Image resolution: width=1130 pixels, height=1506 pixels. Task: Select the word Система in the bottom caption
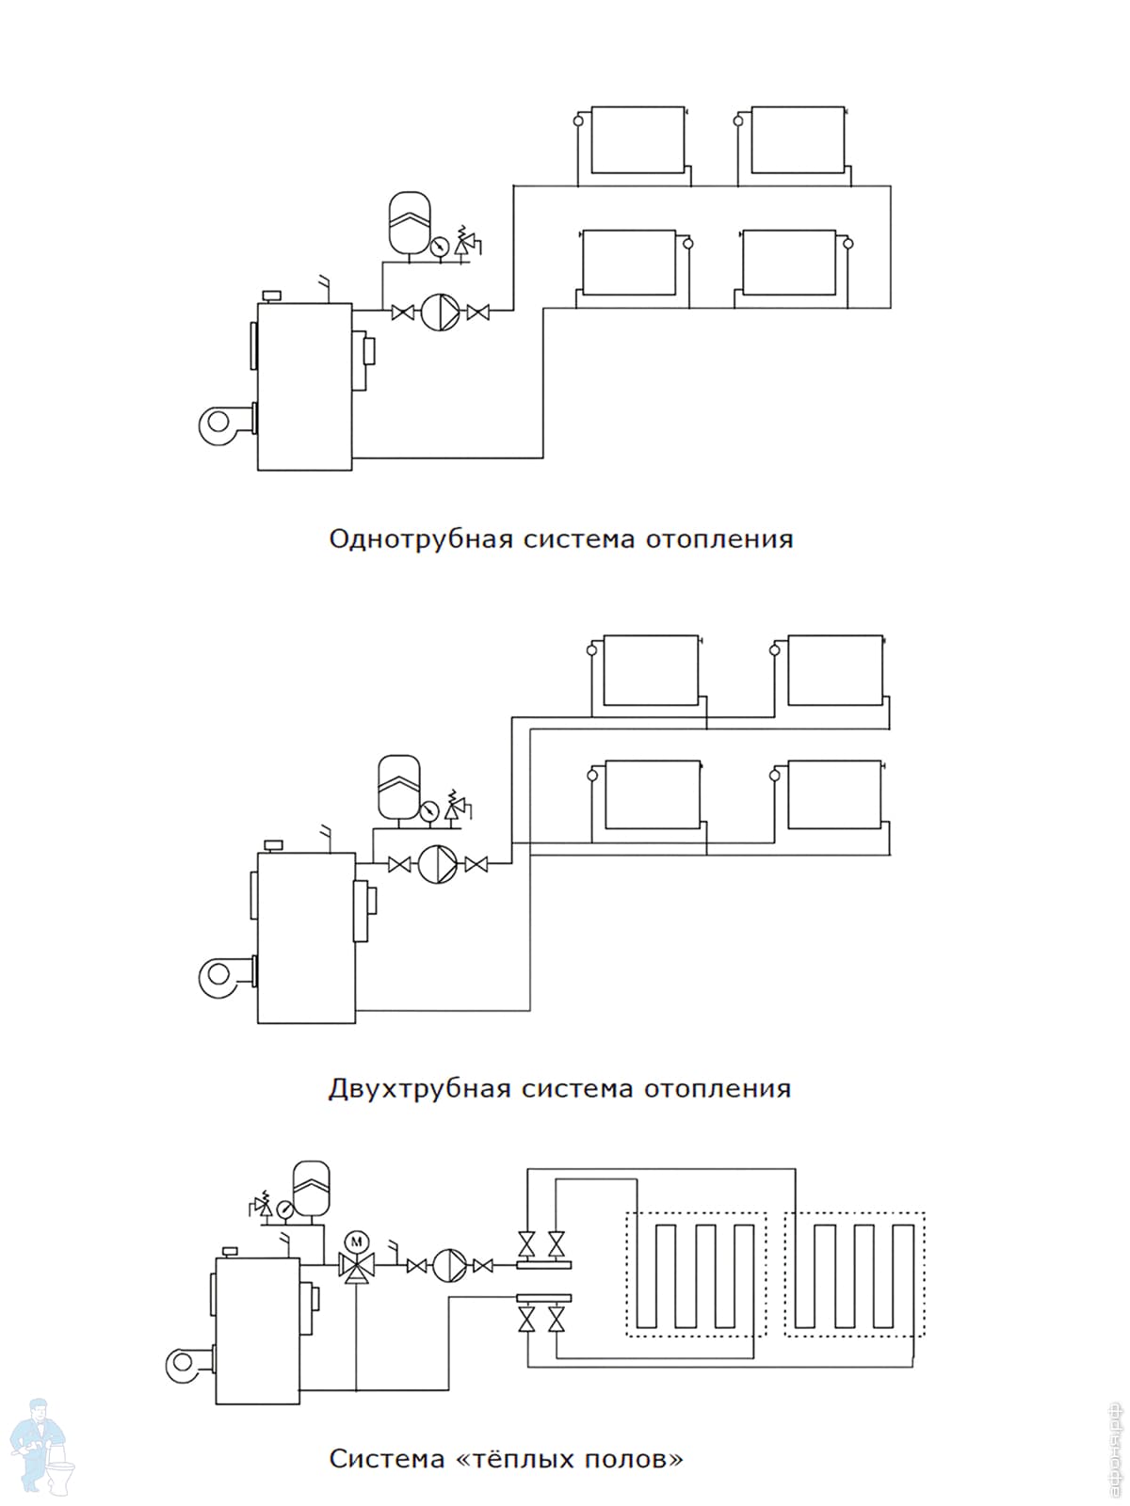386,1460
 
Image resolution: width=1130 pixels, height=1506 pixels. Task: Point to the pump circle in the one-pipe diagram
441,312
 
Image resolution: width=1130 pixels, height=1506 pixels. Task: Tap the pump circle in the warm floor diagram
449,1266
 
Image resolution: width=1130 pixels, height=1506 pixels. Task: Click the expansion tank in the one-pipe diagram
409,222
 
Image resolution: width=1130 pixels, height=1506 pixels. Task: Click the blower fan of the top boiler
220,425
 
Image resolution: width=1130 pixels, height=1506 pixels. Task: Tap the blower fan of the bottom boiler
186,1364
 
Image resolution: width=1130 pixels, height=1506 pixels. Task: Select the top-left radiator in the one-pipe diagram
638,140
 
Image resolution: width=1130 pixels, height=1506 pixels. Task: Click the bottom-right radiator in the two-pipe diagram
834,794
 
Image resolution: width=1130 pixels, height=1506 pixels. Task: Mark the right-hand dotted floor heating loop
855,1274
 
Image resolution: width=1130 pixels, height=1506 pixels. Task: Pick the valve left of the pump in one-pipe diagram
403,312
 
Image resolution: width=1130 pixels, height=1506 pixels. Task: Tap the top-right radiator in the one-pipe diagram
798,140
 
